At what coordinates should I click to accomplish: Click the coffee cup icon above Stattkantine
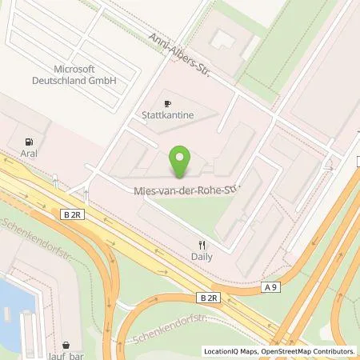click(x=167, y=103)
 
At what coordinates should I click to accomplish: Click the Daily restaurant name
click(x=202, y=259)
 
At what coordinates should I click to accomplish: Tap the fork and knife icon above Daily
click(x=202, y=246)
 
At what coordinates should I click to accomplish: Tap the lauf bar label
click(x=74, y=350)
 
